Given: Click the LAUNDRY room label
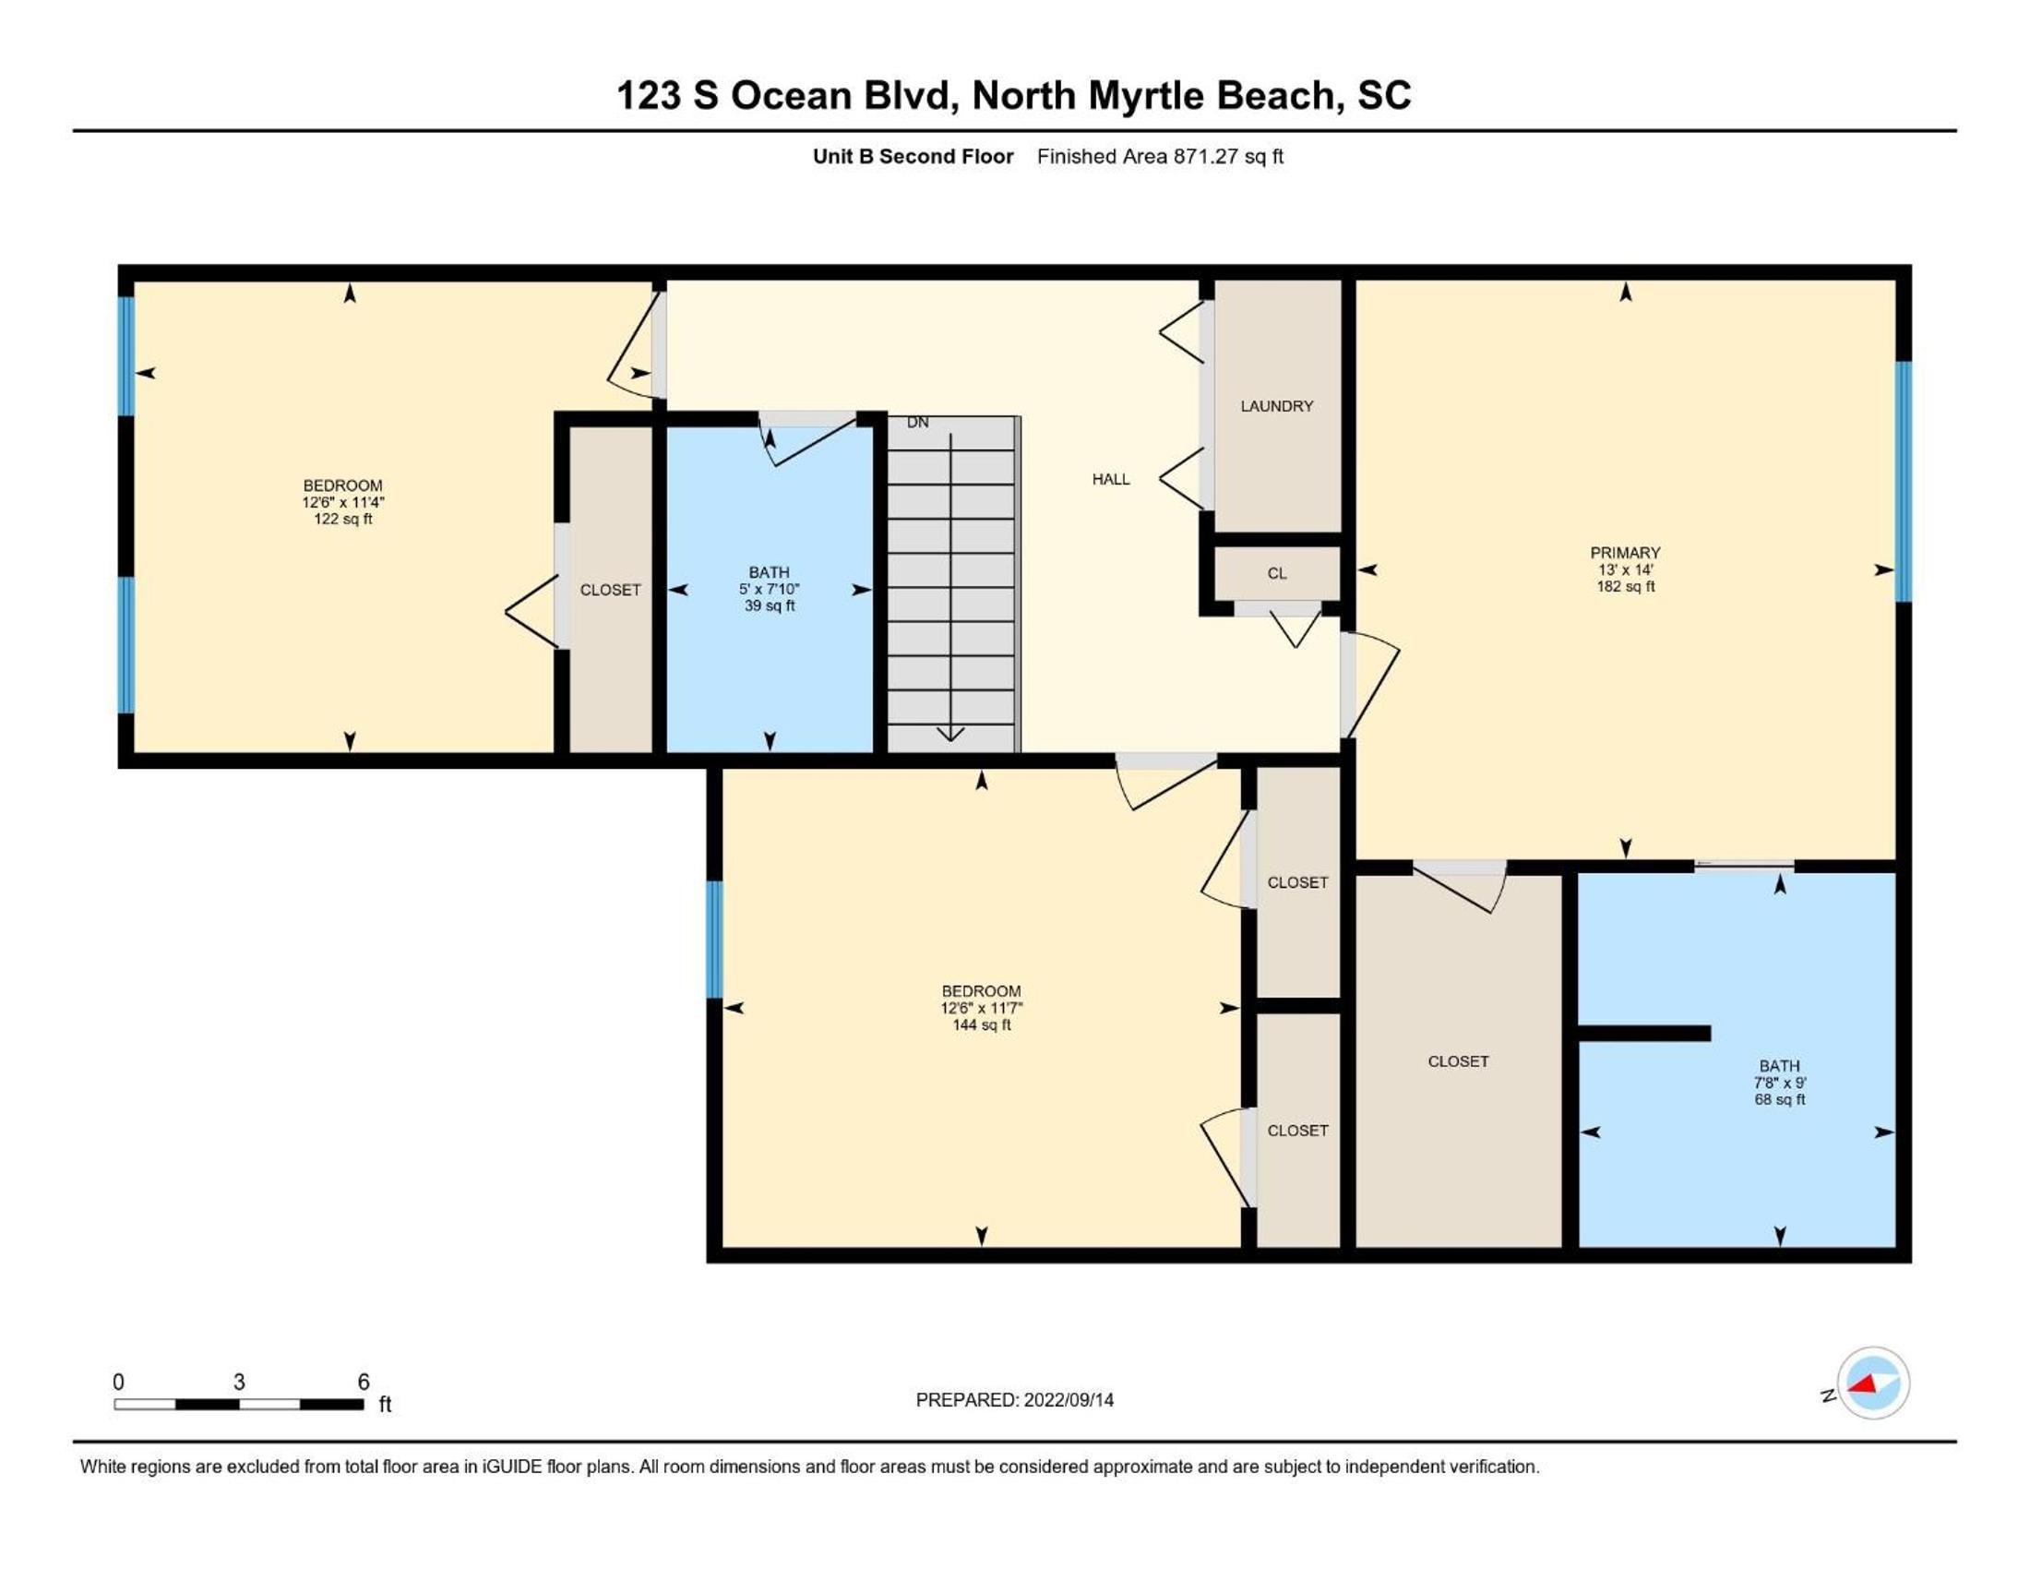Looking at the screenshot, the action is tap(1276, 406).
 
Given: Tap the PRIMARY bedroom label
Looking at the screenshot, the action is tap(1625, 552).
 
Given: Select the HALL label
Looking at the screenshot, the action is tap(1111, 480).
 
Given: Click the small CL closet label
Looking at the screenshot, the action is tap(1277, 573).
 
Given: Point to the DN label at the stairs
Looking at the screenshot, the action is tap(917, 423).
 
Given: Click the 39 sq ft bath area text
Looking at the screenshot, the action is tap(770, 606).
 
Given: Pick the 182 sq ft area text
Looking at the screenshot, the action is tap(1626, 586).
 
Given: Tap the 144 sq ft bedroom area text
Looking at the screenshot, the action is tap(982, 1025).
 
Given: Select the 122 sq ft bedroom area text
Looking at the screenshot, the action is tap(343, 520).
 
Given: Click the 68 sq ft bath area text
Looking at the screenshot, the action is tap(1780, 1099).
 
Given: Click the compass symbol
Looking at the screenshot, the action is tap(1872, 1384).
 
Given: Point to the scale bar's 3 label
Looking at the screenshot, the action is tap(239, 1383).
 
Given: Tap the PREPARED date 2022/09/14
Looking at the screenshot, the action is tap(1068, 1400).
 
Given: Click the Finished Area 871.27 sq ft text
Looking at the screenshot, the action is tap(1160, 157).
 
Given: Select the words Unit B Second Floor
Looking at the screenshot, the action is tap(913, 157).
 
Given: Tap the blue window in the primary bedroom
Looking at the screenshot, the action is tap(1904, 482).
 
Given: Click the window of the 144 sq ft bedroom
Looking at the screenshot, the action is tap(714, 939).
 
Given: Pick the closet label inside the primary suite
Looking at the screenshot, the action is tap(1458, 1061).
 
